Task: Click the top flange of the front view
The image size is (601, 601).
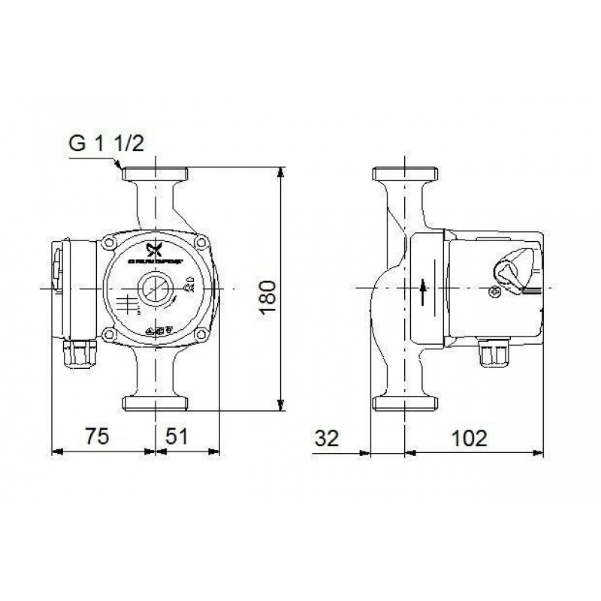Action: click(x=156, y=175)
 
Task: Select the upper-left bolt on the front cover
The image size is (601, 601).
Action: click(x=111, y=243)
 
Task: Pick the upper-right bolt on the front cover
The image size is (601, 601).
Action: click(x=201, y=243)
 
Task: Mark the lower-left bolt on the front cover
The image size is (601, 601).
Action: click(x=111, y=334)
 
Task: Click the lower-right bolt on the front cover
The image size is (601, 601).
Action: click(x=201, y=334)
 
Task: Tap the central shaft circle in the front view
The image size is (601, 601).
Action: click(x=156, y=288)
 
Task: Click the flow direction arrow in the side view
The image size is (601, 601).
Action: click(x=423, y=289)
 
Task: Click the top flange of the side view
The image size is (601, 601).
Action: click(x=406, y=175)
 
